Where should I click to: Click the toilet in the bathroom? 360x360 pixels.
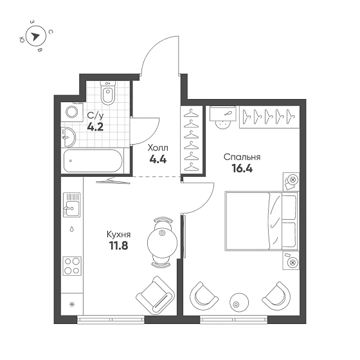[x=108, y=93]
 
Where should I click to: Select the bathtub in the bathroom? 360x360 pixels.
[x=93, y=161]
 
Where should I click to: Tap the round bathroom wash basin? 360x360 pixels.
[x=69, y=137]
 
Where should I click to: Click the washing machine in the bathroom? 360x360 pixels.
[x=71, y=113]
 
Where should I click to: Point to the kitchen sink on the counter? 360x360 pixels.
[x=71, y=205]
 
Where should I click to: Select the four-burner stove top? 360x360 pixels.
[x=72, y=266]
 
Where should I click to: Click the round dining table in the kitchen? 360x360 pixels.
[x=162, y=242]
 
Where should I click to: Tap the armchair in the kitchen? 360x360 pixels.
[x=155, y=295]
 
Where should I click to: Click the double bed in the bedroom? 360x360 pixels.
[x=262, y=221]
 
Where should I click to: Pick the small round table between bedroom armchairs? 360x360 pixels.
[x=239, y=302]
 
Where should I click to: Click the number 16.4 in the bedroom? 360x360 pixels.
[x=242, y=168]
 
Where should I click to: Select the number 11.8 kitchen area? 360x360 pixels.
[x=118, y=246]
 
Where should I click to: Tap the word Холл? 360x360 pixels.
[x=158, y=148]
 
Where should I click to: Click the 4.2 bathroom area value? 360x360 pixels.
[x=95, y=127]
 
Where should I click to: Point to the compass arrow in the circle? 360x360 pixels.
[x=35, y=36]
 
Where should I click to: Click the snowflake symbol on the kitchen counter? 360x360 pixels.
[x=72, y=305]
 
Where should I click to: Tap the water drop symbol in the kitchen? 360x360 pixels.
[x=72, y=229]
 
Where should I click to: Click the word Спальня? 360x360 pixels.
[x=242, y=157]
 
